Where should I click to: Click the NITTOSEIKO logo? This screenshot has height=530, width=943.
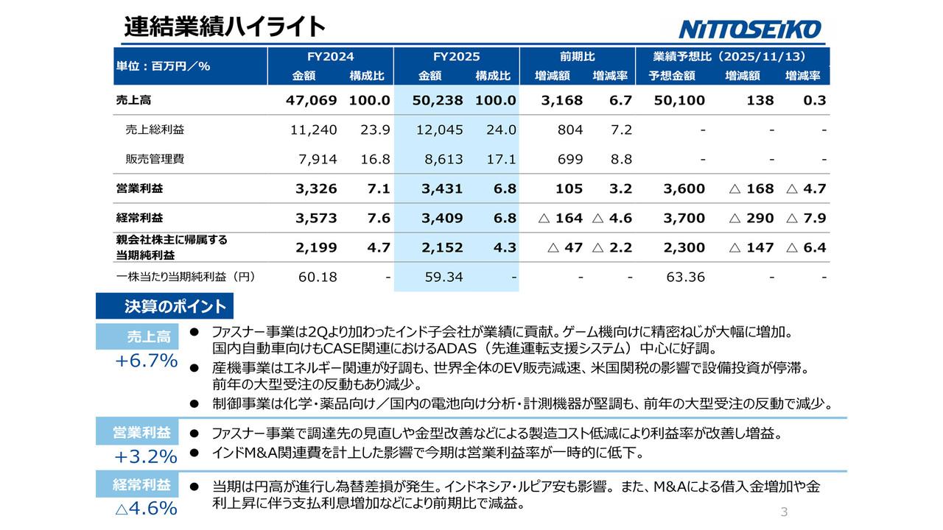[x=749, y=29]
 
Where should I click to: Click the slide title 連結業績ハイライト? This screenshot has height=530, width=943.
[x=225, y=26]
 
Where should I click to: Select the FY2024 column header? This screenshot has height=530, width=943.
[x=330, y=57]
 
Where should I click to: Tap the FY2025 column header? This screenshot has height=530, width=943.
[x=456, y=57]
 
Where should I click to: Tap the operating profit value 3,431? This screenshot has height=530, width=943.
[x=441, y=188]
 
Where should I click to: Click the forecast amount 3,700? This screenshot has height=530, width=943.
[x=684, y=218]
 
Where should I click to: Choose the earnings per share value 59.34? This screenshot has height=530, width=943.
[x=444, y=277]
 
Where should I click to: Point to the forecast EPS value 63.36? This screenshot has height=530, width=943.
[x=686, y=277]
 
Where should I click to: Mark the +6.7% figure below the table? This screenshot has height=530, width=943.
[x=146, y=361]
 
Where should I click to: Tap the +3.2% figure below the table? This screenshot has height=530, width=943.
[x=146, y=456]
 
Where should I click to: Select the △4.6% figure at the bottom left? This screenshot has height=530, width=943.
[x=146, y=508]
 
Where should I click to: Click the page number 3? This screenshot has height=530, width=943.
[x=784, y=512]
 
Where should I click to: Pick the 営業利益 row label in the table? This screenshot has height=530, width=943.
[x=139, y=188]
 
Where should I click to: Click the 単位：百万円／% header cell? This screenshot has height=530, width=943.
[x=164, y=66]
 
